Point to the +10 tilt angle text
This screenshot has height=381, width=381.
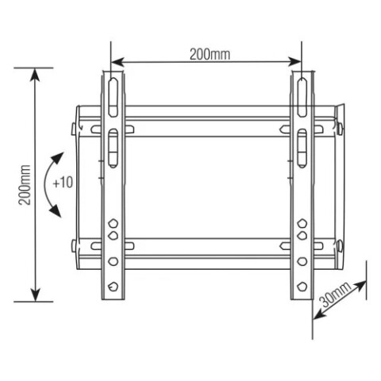63,182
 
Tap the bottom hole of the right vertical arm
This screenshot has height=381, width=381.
302,284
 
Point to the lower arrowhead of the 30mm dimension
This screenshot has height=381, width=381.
317,314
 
